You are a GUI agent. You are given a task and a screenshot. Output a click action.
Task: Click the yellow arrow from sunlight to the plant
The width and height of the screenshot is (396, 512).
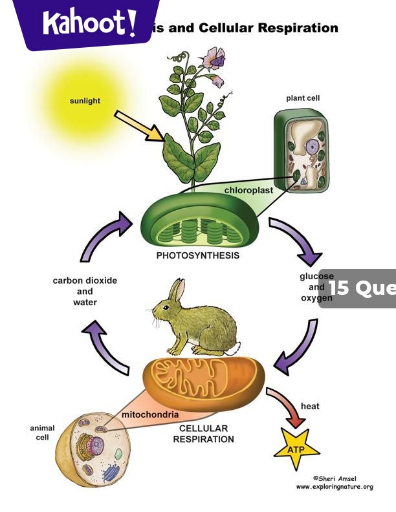click(138, 125)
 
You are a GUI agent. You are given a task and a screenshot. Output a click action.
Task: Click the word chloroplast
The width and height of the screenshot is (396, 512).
click(248, 191)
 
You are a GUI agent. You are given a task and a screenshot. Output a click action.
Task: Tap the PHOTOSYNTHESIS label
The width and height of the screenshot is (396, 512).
click(198, 255)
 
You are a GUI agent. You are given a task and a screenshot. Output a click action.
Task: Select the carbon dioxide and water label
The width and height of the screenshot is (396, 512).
click(85, 292)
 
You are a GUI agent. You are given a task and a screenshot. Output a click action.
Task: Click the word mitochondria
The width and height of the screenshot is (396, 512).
click(150, 414)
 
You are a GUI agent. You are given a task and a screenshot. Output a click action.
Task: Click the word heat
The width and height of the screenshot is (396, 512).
click(310, 407)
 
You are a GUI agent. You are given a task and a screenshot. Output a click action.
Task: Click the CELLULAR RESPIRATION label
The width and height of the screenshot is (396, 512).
click(203, 434)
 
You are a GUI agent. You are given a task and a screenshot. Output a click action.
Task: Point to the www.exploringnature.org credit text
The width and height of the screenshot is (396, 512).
click(334, 486)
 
